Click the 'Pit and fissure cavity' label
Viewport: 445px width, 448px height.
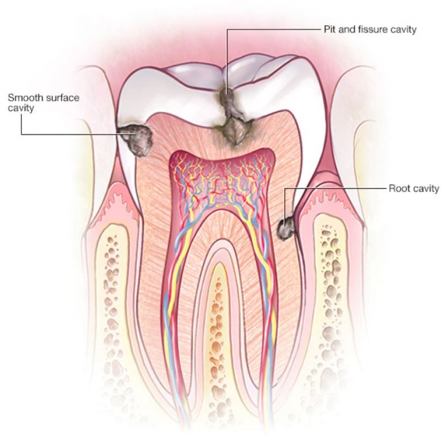[x=370, y=29]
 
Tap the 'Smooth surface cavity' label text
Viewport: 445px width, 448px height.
[x=44, y=102]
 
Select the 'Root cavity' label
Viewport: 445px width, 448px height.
[x=414, y=188]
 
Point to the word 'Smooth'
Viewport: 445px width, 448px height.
[x=23, y=98]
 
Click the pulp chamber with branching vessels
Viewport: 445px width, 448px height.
[x=222, y=180]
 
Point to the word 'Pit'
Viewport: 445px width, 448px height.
[x=329, y=29]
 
